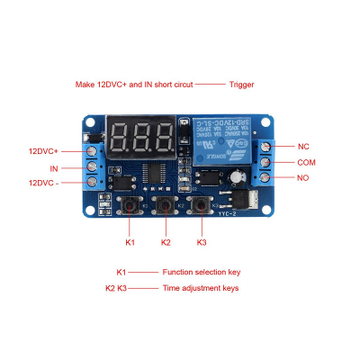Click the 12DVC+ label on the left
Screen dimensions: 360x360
pyautogui.click(x=43, y=151)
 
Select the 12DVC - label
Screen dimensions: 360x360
pyautogui.click(x=43, y=183)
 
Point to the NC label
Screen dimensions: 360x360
pyautogui.click(x=303, y=146)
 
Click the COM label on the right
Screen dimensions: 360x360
pyautogui.click(x=307, y=162)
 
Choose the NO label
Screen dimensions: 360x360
pyautogui.click(x=303, y=178)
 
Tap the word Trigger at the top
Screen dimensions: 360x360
pyautogui.click(x=241, y=85)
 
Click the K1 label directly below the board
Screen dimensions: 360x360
pyautogui.click(x=130, y=242)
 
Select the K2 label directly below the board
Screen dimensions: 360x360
pyautogui.click(x=166, y=242)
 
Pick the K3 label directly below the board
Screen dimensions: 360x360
pyautogui.click(x=202, y=242)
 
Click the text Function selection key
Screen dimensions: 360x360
pyautogui.click(x=201, y=272)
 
